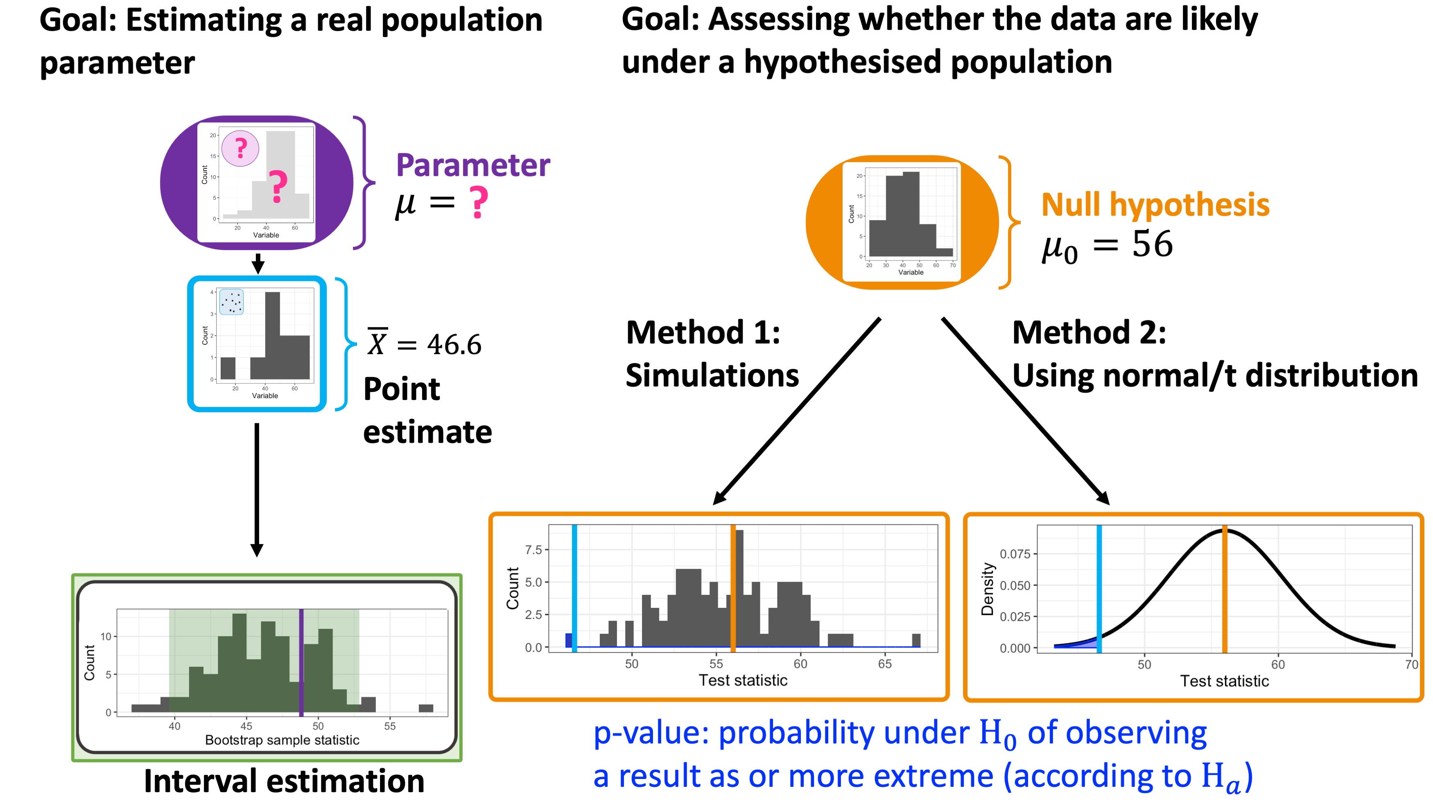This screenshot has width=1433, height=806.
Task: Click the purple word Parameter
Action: click(x=473, y=165)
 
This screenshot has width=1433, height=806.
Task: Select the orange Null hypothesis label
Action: click(x=1155, y=205)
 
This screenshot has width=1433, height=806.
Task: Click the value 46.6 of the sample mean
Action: click(x=454, y=344)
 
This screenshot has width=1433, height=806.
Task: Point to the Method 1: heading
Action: click(x=703, y=333)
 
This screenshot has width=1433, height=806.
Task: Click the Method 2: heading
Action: click(x=1089, y=333)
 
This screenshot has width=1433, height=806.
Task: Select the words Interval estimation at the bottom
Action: click(x=284, y=781)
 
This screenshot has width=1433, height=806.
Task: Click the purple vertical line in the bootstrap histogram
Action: click(x=301, y=662)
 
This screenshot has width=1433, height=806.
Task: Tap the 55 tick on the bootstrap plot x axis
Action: click(x=390, y=726)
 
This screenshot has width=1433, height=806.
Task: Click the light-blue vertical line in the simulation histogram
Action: click(x=574, y=588)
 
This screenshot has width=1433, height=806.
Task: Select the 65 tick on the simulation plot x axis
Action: click(x=884, y=664)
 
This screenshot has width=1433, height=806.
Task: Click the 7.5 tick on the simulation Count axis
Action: click(x=533, y=550)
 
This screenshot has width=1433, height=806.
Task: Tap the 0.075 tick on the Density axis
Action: click(x=1015, y=554)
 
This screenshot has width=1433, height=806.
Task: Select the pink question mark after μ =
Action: click(x=478, y=203)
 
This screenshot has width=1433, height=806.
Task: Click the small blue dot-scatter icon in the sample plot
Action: click(x=231, y=302)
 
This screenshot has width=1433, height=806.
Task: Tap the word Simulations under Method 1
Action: click(x=712, y=375)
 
